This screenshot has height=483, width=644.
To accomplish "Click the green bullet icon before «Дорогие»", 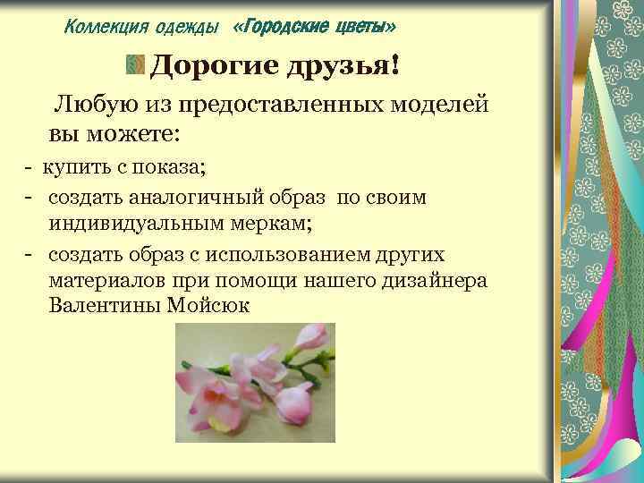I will click(134, 65).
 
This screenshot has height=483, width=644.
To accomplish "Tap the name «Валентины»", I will click(102, 306).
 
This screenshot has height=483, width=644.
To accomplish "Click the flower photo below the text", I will click(255, 383).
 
